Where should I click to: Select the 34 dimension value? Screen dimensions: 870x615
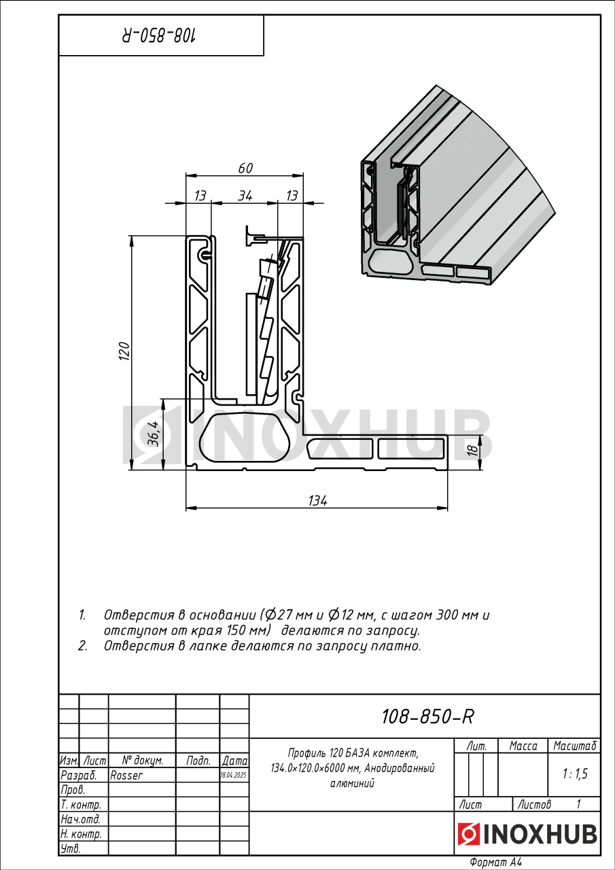[245, 196]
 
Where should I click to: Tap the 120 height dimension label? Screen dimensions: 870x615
[124, 351]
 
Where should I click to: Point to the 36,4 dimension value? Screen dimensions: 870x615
[154, 433]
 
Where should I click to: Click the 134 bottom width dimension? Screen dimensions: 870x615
[317, 501]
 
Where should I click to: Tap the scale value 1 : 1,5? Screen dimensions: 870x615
[574, 773]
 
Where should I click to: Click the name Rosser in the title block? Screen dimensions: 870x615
[126, 775]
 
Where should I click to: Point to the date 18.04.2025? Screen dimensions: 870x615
[234, 775]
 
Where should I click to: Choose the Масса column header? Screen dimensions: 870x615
[523, 746]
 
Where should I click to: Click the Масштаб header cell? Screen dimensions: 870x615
[575, 746]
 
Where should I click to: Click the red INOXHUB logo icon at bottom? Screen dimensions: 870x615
[468, 834]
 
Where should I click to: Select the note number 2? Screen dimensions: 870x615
[82, 646]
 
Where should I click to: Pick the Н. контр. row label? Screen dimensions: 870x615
[81, 834]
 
